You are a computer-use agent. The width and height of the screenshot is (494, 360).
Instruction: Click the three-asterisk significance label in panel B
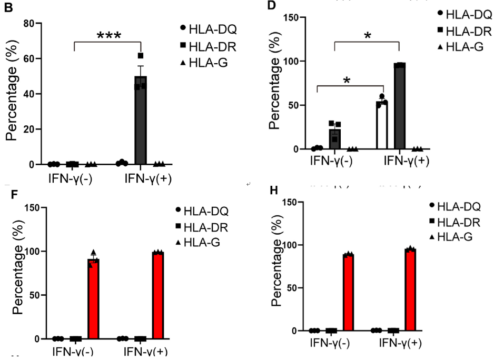coord(109,36)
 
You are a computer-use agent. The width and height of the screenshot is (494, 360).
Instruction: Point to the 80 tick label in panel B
coord(35,24)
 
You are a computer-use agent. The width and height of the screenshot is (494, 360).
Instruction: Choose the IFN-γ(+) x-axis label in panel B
coord(148,178)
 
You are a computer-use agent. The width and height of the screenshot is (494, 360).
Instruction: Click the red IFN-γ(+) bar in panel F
coord(158,295)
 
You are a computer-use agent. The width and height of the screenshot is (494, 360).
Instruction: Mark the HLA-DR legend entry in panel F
coord(203,227)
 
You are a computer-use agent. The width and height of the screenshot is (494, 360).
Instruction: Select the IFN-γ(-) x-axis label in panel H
coord(331,344)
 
